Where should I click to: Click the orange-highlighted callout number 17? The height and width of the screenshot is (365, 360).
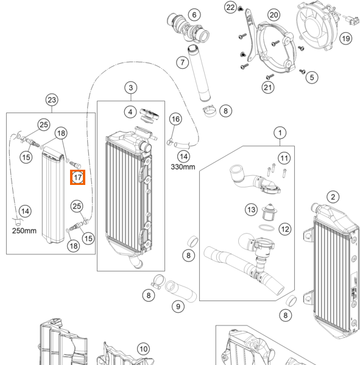coord(77,178)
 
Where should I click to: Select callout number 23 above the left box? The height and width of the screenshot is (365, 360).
coord(52,100)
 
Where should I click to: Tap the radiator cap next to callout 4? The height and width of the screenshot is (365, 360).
coord(149,115)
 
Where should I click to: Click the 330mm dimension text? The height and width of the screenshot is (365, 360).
coord(183,167)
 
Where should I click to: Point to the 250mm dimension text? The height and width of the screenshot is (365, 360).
coord(24,231)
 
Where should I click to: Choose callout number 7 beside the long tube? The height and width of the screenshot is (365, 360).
coord(182,63)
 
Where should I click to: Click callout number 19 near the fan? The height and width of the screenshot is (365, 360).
coord(346,38)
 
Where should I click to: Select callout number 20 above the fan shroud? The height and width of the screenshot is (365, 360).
coord(274,15)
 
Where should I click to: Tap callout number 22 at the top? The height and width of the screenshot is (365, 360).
coord(230,7)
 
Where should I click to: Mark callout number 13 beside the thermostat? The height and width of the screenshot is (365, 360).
coord(251,209)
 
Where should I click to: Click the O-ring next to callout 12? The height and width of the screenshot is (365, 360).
coord(266,228)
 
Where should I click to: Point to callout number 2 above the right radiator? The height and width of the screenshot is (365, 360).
coord(333,197)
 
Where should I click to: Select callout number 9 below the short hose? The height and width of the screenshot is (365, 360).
coord(178,307)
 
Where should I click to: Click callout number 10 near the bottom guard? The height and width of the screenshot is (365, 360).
coord(143,349)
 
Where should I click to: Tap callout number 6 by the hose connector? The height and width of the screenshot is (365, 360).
coord(194,15)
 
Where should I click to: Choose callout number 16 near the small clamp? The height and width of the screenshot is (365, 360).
coord(175,119)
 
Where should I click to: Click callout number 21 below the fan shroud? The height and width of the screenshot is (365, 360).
coord(268,88)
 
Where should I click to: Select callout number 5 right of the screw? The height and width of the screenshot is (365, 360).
coord(312,77)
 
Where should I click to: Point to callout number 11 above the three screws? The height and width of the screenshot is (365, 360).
coord(284,158)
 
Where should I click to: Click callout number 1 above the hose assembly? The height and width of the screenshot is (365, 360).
coord(280,133)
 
